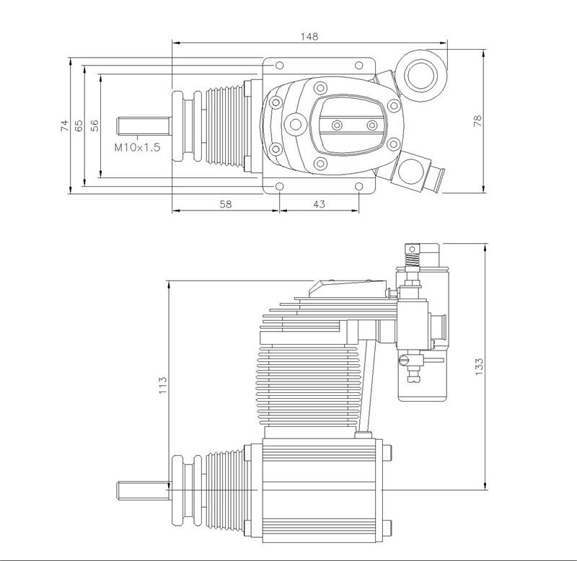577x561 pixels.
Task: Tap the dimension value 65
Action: tap(79, 126)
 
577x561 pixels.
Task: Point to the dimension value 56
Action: tap(94, 126)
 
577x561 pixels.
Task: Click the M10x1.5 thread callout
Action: tap(137, 147)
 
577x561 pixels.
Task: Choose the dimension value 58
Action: tap(225, 204)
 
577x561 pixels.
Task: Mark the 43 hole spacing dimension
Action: tap(319, 204)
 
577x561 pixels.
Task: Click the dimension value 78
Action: tap(477, 120)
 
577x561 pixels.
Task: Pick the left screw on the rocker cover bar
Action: tap(336, 125)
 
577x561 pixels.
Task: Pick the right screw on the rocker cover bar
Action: tap(371, 125)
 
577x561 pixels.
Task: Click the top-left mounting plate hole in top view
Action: tap(278, 65)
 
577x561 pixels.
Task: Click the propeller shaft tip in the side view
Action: tap(123, 491)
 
